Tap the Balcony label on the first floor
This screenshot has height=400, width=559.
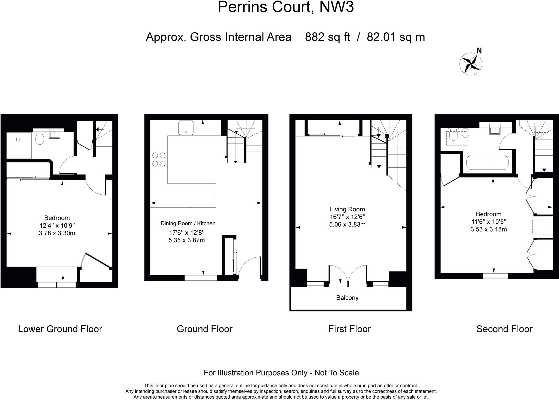pos(347,298)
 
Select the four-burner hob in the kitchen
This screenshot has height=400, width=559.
pos(159,159)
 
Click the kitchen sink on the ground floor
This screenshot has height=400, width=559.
pos(186,128)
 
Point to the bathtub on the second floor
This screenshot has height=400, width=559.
pos(487,163)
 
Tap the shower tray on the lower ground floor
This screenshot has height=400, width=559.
pos(19,145)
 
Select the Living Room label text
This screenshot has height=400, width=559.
pos(347,209)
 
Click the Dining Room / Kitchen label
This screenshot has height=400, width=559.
pos(188,223)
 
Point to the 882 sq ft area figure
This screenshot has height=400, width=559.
pos(327,37)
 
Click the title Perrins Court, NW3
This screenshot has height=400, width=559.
pos(286,7)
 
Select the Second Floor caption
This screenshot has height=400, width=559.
pos(504,329)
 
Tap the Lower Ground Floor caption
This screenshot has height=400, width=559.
pos(60,329)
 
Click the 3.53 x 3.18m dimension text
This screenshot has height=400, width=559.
pos(488,229)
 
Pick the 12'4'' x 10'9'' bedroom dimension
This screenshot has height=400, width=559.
pos(57,226)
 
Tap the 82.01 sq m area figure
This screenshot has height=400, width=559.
pos(396,37)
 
